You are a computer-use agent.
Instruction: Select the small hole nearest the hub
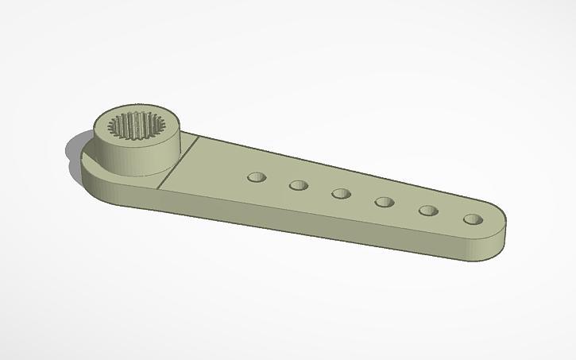pyautogui.click(x=256, y=177)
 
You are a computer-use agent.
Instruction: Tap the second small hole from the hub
pyautogui.click(x=299, y=185)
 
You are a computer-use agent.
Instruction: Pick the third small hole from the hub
pyautogui.click(x=342, y=194)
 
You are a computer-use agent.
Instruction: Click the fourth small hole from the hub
pyautogui.click(x=385, y=202)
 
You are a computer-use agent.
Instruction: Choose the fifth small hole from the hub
pyautogui.click(x=429, y=211)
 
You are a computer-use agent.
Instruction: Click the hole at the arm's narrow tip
pyautogui.click(x=474, y=219)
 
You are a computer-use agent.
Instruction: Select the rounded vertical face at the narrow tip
pyautogui.click(x=497, y=242)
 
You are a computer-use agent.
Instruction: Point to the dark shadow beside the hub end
pyautogui.click(x=70, y=151)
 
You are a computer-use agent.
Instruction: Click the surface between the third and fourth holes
pyautogui.click(x=364, y=199)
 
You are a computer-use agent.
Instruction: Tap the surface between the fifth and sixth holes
pyautogui.click(x=451, y=215)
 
